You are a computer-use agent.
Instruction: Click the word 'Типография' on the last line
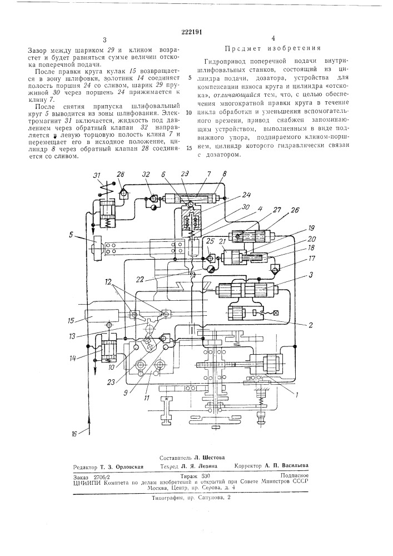[169, 498]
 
